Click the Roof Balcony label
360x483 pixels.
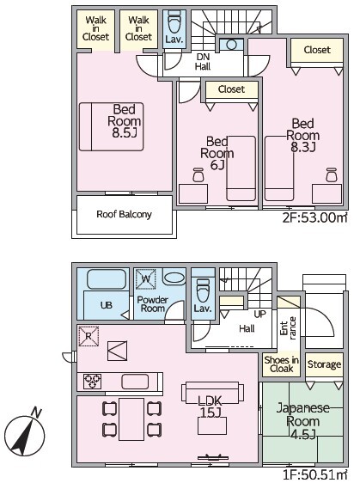[124, 214]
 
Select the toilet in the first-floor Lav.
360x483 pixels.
[203, 290]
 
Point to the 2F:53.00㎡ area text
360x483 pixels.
[315, 217]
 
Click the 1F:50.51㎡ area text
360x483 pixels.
[315, 475]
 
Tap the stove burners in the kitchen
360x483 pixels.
[93, 382]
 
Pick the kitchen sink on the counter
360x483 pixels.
[135, 382]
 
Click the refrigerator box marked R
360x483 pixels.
[88, 336]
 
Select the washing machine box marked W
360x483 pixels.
[146, 279]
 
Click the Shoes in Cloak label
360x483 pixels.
[282, 364]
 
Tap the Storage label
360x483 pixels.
[324, 364]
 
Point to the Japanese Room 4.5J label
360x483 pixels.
[303, 421]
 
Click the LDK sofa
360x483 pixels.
[212, 393]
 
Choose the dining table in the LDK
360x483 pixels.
[131, 419]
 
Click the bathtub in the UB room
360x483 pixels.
[107, 279]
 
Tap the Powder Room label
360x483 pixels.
[152, 304]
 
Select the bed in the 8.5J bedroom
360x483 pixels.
[111, 126]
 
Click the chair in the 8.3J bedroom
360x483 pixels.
[332, 175]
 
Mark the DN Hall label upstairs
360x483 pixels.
[203, 62]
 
